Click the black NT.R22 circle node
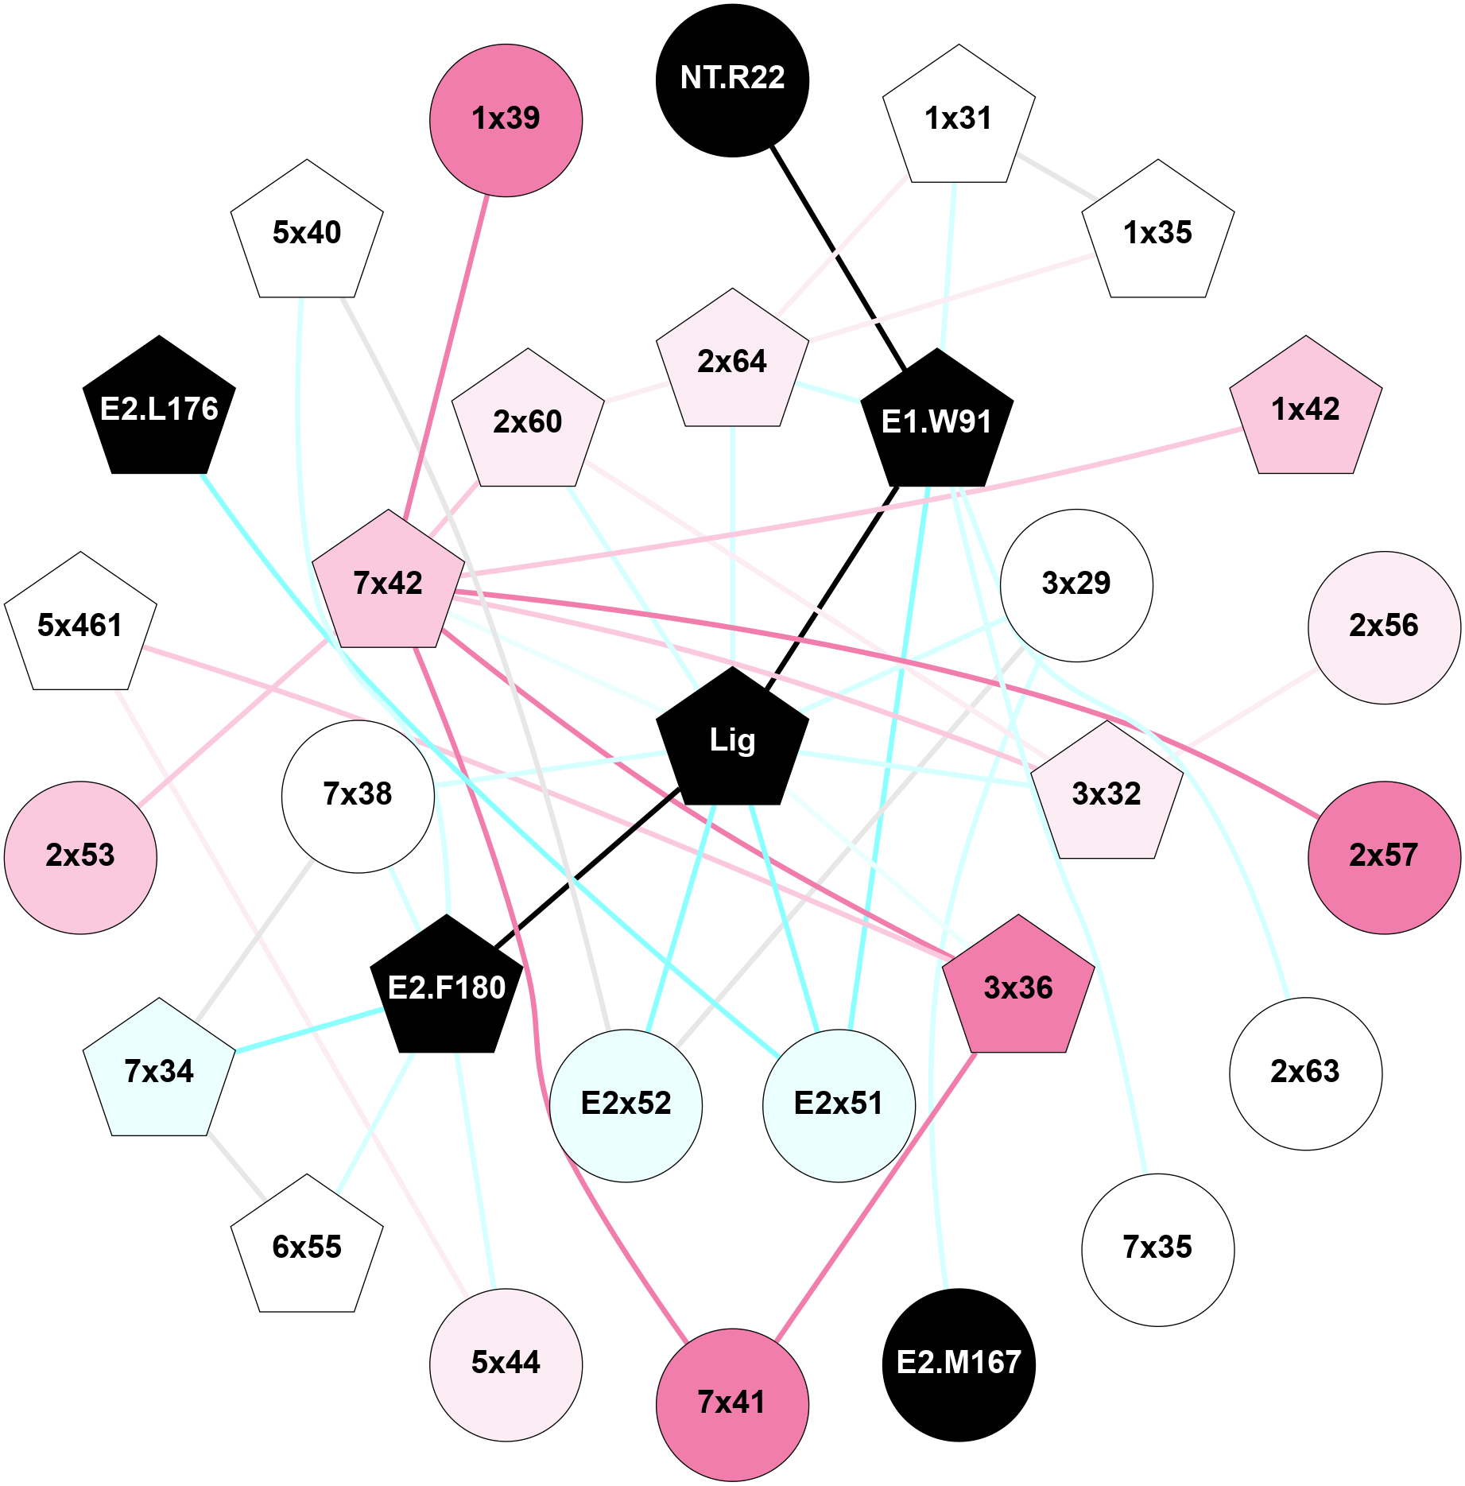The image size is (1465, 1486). [x=732, y=80]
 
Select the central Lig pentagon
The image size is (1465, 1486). [x=732, y=739]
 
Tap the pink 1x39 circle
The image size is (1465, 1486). [x=506, y=120]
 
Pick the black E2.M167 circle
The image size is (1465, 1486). [x=959, y=1364]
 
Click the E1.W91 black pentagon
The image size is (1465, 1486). [x=936, y=421]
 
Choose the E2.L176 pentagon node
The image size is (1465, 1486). [x=159, y=409]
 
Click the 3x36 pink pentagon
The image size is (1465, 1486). [x=1017, y=988]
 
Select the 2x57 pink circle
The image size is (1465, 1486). [x=1383, y=857]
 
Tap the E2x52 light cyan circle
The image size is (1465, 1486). [x=626, y=1105]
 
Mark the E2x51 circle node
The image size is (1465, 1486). [x=839, y=1105]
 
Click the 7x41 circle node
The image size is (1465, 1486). [x=732, y=1404]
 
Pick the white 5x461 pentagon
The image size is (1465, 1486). [x=80, y=625]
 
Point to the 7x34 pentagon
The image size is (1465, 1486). [x=159, y=1071]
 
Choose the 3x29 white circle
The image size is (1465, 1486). [x=1075, y=584]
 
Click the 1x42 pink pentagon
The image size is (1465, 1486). [x=1305, y=409]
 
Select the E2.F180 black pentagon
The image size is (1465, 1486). [x=447, y=988]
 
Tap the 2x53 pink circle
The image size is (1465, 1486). [x=80, y=857]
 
